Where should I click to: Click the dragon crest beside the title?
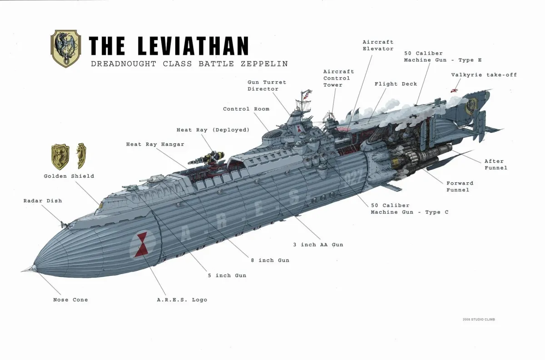tap(66, 49)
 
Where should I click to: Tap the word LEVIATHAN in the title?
tap(193, 46)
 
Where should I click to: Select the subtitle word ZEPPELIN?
tap(264, 64)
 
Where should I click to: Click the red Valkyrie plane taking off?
tap(454, 90)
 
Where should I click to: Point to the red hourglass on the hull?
tap(141, 244)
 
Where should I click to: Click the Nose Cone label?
tap(70, 300)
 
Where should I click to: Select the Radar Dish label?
tap(43, 201)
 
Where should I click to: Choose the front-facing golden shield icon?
tap(60, 157)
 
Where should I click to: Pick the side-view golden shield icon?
tap(81, 156)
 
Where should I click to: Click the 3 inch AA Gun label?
tap(318, 245)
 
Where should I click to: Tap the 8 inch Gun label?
tap(270, 260)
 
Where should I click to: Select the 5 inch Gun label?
tap(227, 275)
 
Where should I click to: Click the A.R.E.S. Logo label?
tap(182, 300)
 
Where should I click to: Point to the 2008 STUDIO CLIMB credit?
tap(479, 320)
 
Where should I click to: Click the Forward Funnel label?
tap(460, 186)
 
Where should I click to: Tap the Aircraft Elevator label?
tap(378, 45)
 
